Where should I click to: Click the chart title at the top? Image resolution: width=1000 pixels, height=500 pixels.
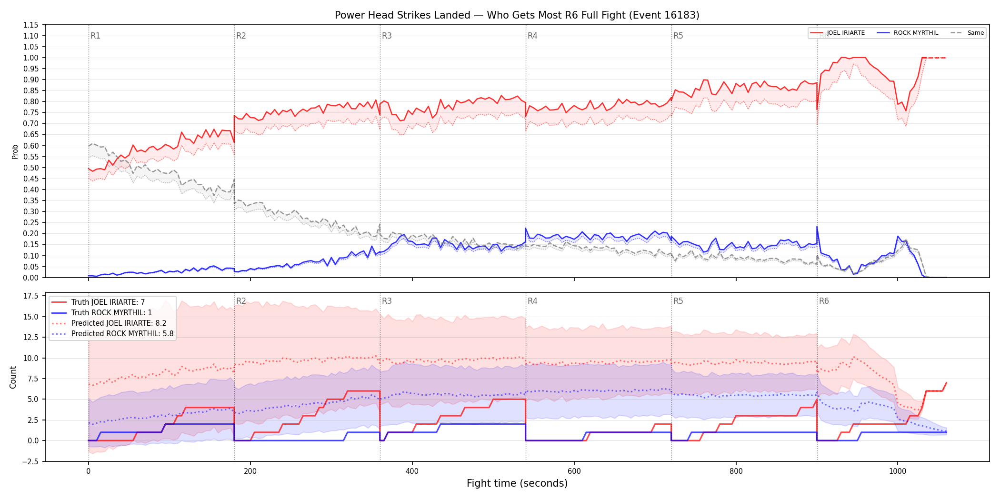[x=517, y=15]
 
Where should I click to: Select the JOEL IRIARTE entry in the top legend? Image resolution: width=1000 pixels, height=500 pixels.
[x=837, y=33]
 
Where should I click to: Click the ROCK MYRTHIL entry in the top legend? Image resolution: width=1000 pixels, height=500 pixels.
[x=908, y=33]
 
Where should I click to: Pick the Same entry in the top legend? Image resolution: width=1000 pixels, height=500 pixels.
[x=967, y=33]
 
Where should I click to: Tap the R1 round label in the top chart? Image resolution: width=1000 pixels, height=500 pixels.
[x=95, y=36]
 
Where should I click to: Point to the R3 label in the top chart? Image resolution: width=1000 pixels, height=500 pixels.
[x=387, y=36]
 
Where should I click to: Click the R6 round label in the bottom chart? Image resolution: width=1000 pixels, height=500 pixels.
[x=824, y=301]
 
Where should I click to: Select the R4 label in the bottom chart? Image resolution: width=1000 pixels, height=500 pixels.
[x=532, y=301]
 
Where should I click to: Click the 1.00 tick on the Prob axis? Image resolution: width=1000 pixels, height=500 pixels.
[x=31, y=58]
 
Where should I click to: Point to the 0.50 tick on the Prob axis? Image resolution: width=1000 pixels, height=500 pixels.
[x=31, y=168]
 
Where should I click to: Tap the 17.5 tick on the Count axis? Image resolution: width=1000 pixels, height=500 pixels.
[x=31, y=296]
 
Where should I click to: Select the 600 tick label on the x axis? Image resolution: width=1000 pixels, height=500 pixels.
[x=574, y=471]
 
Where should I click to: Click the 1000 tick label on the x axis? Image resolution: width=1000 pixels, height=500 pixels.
[x=898, y=471]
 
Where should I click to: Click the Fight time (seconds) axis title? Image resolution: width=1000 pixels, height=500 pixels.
[x=517, y=483]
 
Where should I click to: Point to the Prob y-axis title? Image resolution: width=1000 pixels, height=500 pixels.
[x=15, y=151]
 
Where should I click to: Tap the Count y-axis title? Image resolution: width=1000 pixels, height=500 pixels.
[x=13, y=377]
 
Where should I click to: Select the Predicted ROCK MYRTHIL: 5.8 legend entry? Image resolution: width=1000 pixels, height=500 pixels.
[x=112, y=334]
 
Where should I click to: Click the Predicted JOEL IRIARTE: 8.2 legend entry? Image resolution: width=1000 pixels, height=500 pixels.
[x=109, y=323]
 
